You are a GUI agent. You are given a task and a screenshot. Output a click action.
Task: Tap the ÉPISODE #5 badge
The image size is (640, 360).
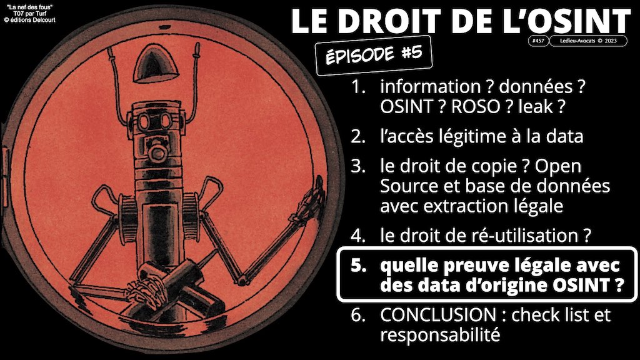[374, 56]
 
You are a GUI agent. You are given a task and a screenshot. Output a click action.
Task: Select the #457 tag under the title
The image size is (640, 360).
[538, 41]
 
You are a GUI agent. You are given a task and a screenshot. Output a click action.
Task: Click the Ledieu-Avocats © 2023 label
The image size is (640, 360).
[588, 41]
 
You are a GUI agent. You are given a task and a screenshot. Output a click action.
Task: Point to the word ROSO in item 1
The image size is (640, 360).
[476, 107]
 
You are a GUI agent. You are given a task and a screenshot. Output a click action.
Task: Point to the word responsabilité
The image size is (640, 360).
[440, 335]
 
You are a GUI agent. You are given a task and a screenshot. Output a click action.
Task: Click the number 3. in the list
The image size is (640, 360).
[358, 166]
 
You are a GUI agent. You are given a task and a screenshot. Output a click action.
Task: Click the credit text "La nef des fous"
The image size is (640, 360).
[30, 7]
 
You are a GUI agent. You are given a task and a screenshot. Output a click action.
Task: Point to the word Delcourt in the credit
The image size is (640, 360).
[44, 20]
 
